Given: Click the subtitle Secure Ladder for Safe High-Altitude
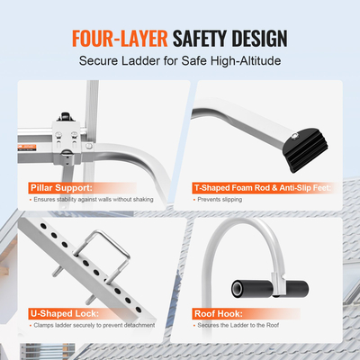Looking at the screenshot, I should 179,63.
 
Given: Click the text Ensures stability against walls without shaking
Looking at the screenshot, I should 95,200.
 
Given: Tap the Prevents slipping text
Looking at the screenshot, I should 220,200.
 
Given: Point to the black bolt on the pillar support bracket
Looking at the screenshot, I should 67,115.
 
